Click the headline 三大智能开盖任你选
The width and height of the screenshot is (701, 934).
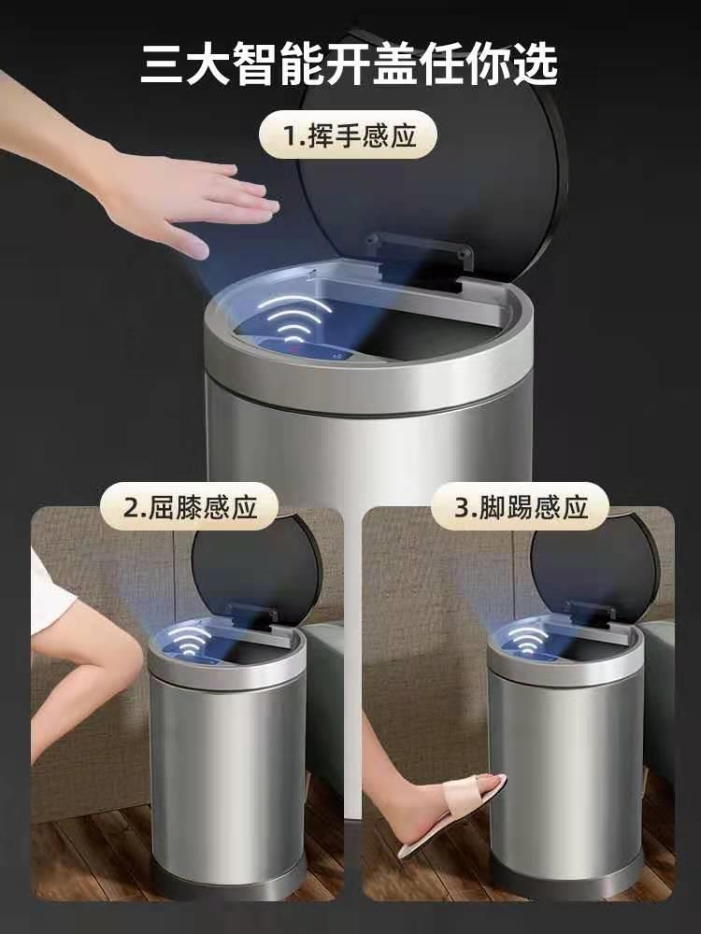pos(350,64)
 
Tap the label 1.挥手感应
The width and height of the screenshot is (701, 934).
pos(348,135)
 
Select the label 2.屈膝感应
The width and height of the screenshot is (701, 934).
pos(189,507)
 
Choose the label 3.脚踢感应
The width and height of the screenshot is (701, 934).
pos(520,507)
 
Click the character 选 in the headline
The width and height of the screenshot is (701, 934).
pos(536,64)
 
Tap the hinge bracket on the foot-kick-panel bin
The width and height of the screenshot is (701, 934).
pos(590,615)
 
